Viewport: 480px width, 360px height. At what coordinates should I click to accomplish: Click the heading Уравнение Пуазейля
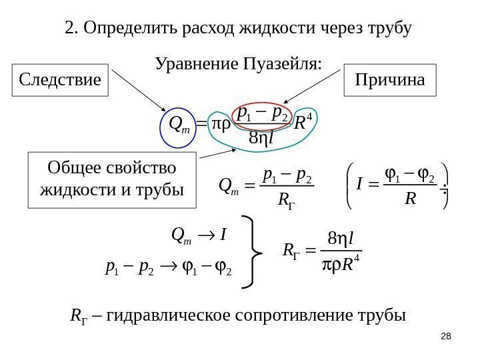[238, 64]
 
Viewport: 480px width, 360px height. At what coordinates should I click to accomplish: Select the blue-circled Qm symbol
[179, 124]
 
